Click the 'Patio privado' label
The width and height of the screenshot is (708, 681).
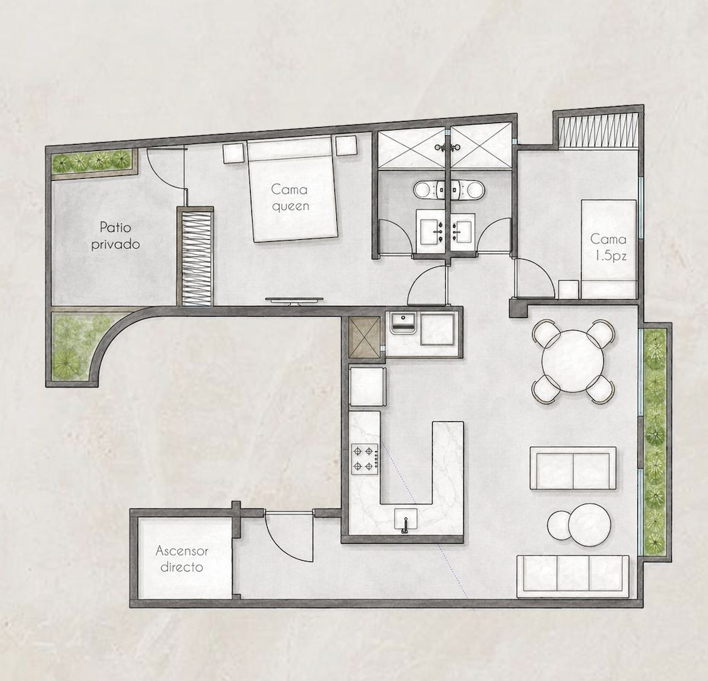(116, 235)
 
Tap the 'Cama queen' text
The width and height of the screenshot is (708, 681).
(290, 197)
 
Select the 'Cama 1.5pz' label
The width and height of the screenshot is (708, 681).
(608, 247)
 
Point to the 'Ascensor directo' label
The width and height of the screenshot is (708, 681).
(181, 559)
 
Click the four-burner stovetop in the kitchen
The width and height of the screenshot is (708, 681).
(365, 459)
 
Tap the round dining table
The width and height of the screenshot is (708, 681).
(573, 361)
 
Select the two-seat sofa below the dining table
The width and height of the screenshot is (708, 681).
(573, 468)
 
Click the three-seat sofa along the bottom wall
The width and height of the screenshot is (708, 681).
(573, 576)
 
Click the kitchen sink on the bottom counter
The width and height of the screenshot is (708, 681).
(406, 521)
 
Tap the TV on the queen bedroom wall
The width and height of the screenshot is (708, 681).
(294, 301)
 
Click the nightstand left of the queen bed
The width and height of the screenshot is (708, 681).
(234, 152)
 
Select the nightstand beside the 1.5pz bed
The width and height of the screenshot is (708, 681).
(569, 289)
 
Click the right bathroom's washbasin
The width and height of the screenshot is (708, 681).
(461, 231)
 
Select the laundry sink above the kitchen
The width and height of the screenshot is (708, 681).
(403, 322)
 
